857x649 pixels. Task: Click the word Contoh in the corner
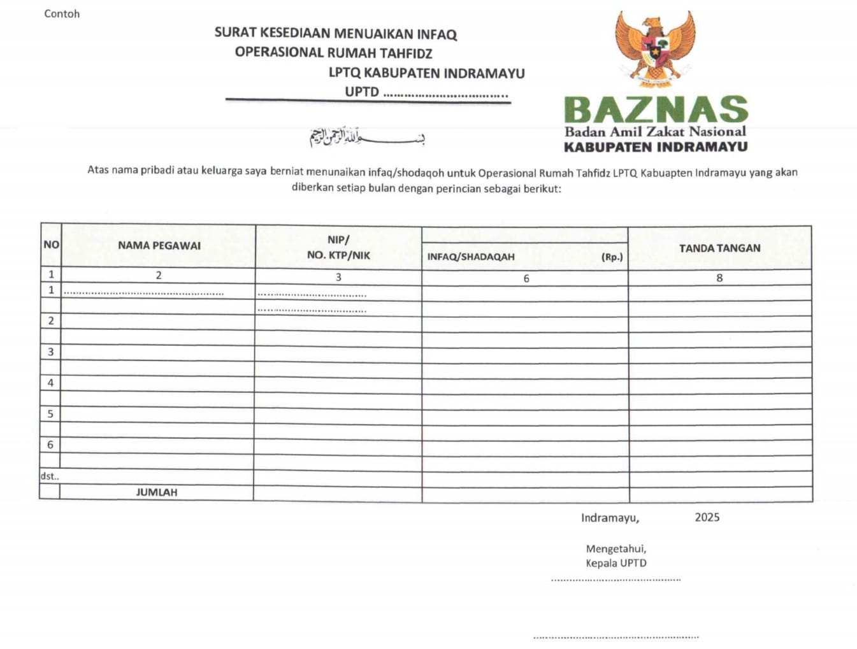62,13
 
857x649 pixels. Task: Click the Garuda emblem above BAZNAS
654,48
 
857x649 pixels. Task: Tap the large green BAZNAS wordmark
656,110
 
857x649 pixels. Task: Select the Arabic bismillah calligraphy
367,136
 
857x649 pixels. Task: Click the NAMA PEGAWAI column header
159,245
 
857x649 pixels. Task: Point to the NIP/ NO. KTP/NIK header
338,247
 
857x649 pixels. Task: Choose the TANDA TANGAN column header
719,248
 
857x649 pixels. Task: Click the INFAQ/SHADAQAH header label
471,257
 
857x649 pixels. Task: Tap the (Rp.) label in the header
612,257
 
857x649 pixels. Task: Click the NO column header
51,245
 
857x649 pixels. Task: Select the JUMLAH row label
157,492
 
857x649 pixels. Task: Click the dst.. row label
50,476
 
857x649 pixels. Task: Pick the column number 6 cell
526,278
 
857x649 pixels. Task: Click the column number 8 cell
719,278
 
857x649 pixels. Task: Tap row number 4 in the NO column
51,383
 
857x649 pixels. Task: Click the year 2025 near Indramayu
707,517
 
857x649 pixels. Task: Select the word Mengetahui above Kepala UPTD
616,548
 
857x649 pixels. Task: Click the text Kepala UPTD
616,563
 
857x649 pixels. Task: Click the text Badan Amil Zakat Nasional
655,132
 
